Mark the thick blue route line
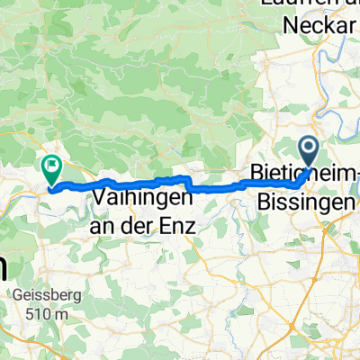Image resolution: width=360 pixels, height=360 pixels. coord(216,189)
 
